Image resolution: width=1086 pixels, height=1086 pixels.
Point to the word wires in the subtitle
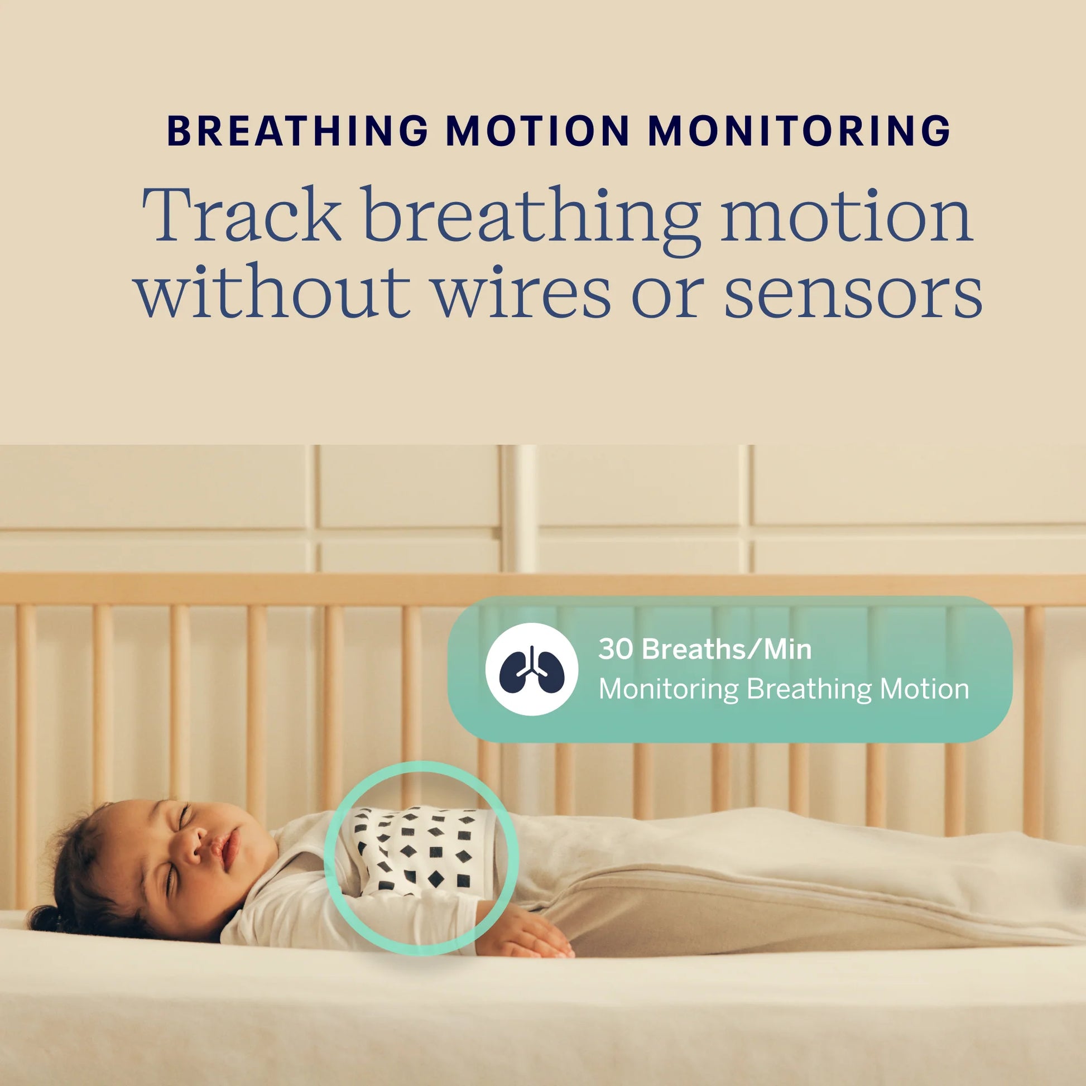tap(522, 292)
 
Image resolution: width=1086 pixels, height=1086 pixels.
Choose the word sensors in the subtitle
tap(853, 292)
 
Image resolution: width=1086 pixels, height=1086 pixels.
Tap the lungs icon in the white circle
tap(532, 669)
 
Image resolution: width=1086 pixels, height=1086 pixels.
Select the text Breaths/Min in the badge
tap(727, 649)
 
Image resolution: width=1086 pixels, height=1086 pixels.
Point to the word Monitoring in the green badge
tap(669, 689)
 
